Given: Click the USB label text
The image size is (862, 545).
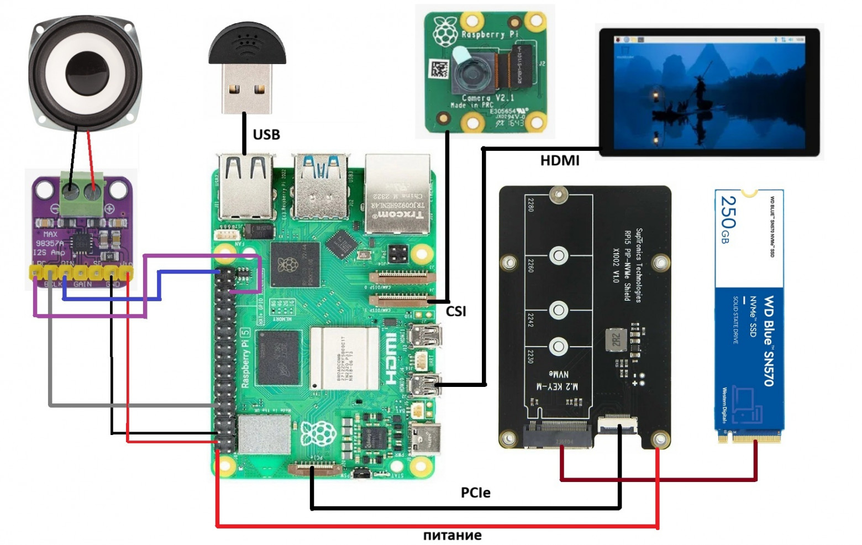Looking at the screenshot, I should click(266, 134).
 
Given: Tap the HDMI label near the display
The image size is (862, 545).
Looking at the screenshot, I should click(559, 160).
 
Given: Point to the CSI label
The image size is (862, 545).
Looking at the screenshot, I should click(456, 311).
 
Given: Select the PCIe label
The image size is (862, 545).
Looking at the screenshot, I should click(475, 492).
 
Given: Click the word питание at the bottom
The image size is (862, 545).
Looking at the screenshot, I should click(452, 535).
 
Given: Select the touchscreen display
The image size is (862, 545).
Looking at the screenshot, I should click(709, 92).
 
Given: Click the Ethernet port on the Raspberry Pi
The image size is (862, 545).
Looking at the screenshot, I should click(396, 193).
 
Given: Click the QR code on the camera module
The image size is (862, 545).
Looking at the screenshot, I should click(439, 70).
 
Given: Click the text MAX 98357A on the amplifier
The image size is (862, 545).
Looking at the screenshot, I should click(50, 239).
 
